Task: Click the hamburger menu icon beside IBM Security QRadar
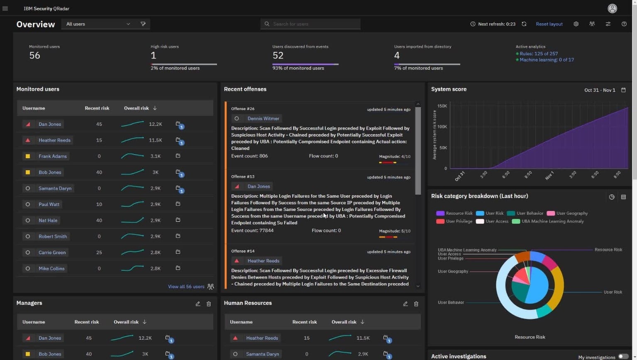click(x=5, y=9)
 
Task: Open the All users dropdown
click(x=98, y=24)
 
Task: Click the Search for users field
click(x=310, y=24)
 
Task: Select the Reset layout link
click(x=549, y=24)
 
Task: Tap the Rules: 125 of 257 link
click(x=539, y=54)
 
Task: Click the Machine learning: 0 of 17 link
click(x=547, y=60)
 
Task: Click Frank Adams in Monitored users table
click(x=53, y=156)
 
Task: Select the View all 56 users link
click(x=186, y=287)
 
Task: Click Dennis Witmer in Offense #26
click(x=264, y=118)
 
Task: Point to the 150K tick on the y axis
click(x=442, y=106)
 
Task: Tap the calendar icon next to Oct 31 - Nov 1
click(x=623, y=90)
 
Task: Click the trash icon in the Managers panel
click(x=209, y=304)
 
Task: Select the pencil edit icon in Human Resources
click(x=405, y=304)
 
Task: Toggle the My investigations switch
click(x=623, y=357)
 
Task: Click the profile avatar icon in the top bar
click(x=612, y=9)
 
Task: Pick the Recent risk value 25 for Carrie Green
click(x=99, y=252)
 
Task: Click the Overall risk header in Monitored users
click(x=137, y=108)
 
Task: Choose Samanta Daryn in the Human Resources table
click(x=263, y=354)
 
